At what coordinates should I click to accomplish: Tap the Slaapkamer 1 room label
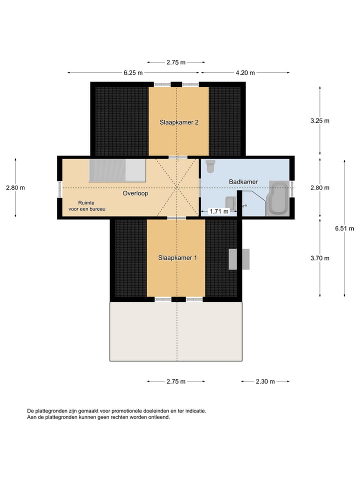tap(177, 258)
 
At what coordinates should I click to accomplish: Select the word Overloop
tap(135, 193)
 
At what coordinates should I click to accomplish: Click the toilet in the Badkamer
tap(210, 165)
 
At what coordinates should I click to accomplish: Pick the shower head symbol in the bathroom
tap(244, 205)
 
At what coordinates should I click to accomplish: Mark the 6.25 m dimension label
tap(133, 73)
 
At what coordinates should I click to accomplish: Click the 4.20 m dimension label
tap(245, 73)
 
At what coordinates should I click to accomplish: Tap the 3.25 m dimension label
tap(320, 121)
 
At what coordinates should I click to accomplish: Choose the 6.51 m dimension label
tap(344, 228)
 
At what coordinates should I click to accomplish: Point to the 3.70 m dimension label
tap(320, 258)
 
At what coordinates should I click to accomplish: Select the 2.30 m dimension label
tap(265, 381)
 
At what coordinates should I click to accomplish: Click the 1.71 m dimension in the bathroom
tap(218, 211)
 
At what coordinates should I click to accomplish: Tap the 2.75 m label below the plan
tap(176, 381)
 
